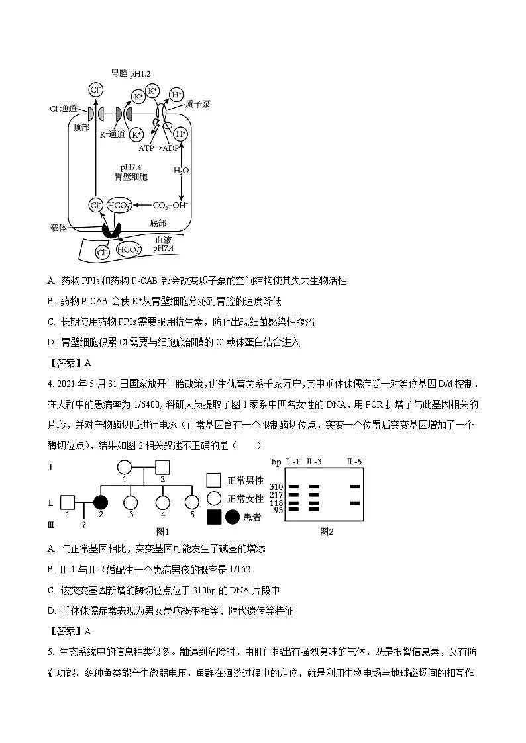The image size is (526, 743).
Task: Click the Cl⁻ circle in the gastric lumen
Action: (96, 90)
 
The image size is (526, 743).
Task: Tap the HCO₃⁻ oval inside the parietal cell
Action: (120, 206)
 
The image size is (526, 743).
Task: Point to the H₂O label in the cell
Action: (181, 171)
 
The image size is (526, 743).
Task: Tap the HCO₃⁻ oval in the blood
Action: (128, 249)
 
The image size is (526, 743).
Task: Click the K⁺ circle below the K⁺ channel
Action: (136, 134)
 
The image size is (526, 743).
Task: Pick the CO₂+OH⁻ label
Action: (171, 206)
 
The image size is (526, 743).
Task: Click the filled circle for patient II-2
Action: (101, 502)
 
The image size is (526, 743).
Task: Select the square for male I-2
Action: (163, 467)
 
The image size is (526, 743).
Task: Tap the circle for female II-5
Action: (191, 502)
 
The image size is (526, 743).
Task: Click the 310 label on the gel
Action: (277, 486)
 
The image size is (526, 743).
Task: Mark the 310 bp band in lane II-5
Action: (355, 486)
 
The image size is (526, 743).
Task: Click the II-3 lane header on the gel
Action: (313, 461)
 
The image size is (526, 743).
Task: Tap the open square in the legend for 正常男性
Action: (213, 480)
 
